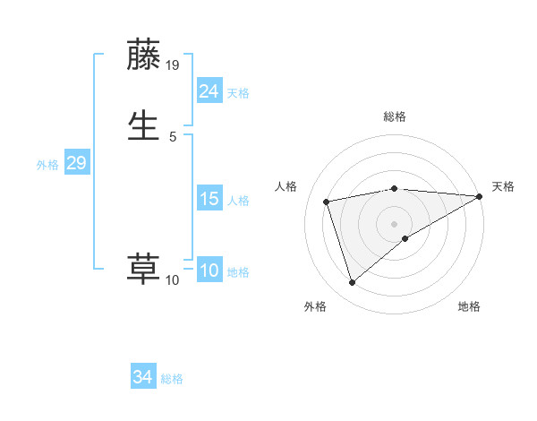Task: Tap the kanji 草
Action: coord(144,270)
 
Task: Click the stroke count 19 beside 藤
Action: coord(174,65)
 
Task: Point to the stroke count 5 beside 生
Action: coord(173,136)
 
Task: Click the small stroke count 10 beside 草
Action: coord(173,280)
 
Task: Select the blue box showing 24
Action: coord(209,90)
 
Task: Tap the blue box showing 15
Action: coord(209,199)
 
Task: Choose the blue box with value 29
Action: coord(76,163)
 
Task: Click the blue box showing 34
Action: coord(143,378)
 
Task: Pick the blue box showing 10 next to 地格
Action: coord(209,271)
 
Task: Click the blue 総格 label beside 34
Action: coord(172,379)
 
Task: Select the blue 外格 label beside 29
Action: coord(47,164)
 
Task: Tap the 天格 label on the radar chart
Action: coord(503,186)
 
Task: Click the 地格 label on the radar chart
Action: coord(469,306)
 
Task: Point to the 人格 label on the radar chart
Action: coord(286,186)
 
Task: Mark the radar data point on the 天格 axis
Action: coord(480,196)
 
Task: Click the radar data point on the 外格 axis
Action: coord(352,283)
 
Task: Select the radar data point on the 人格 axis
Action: coord(327,201)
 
